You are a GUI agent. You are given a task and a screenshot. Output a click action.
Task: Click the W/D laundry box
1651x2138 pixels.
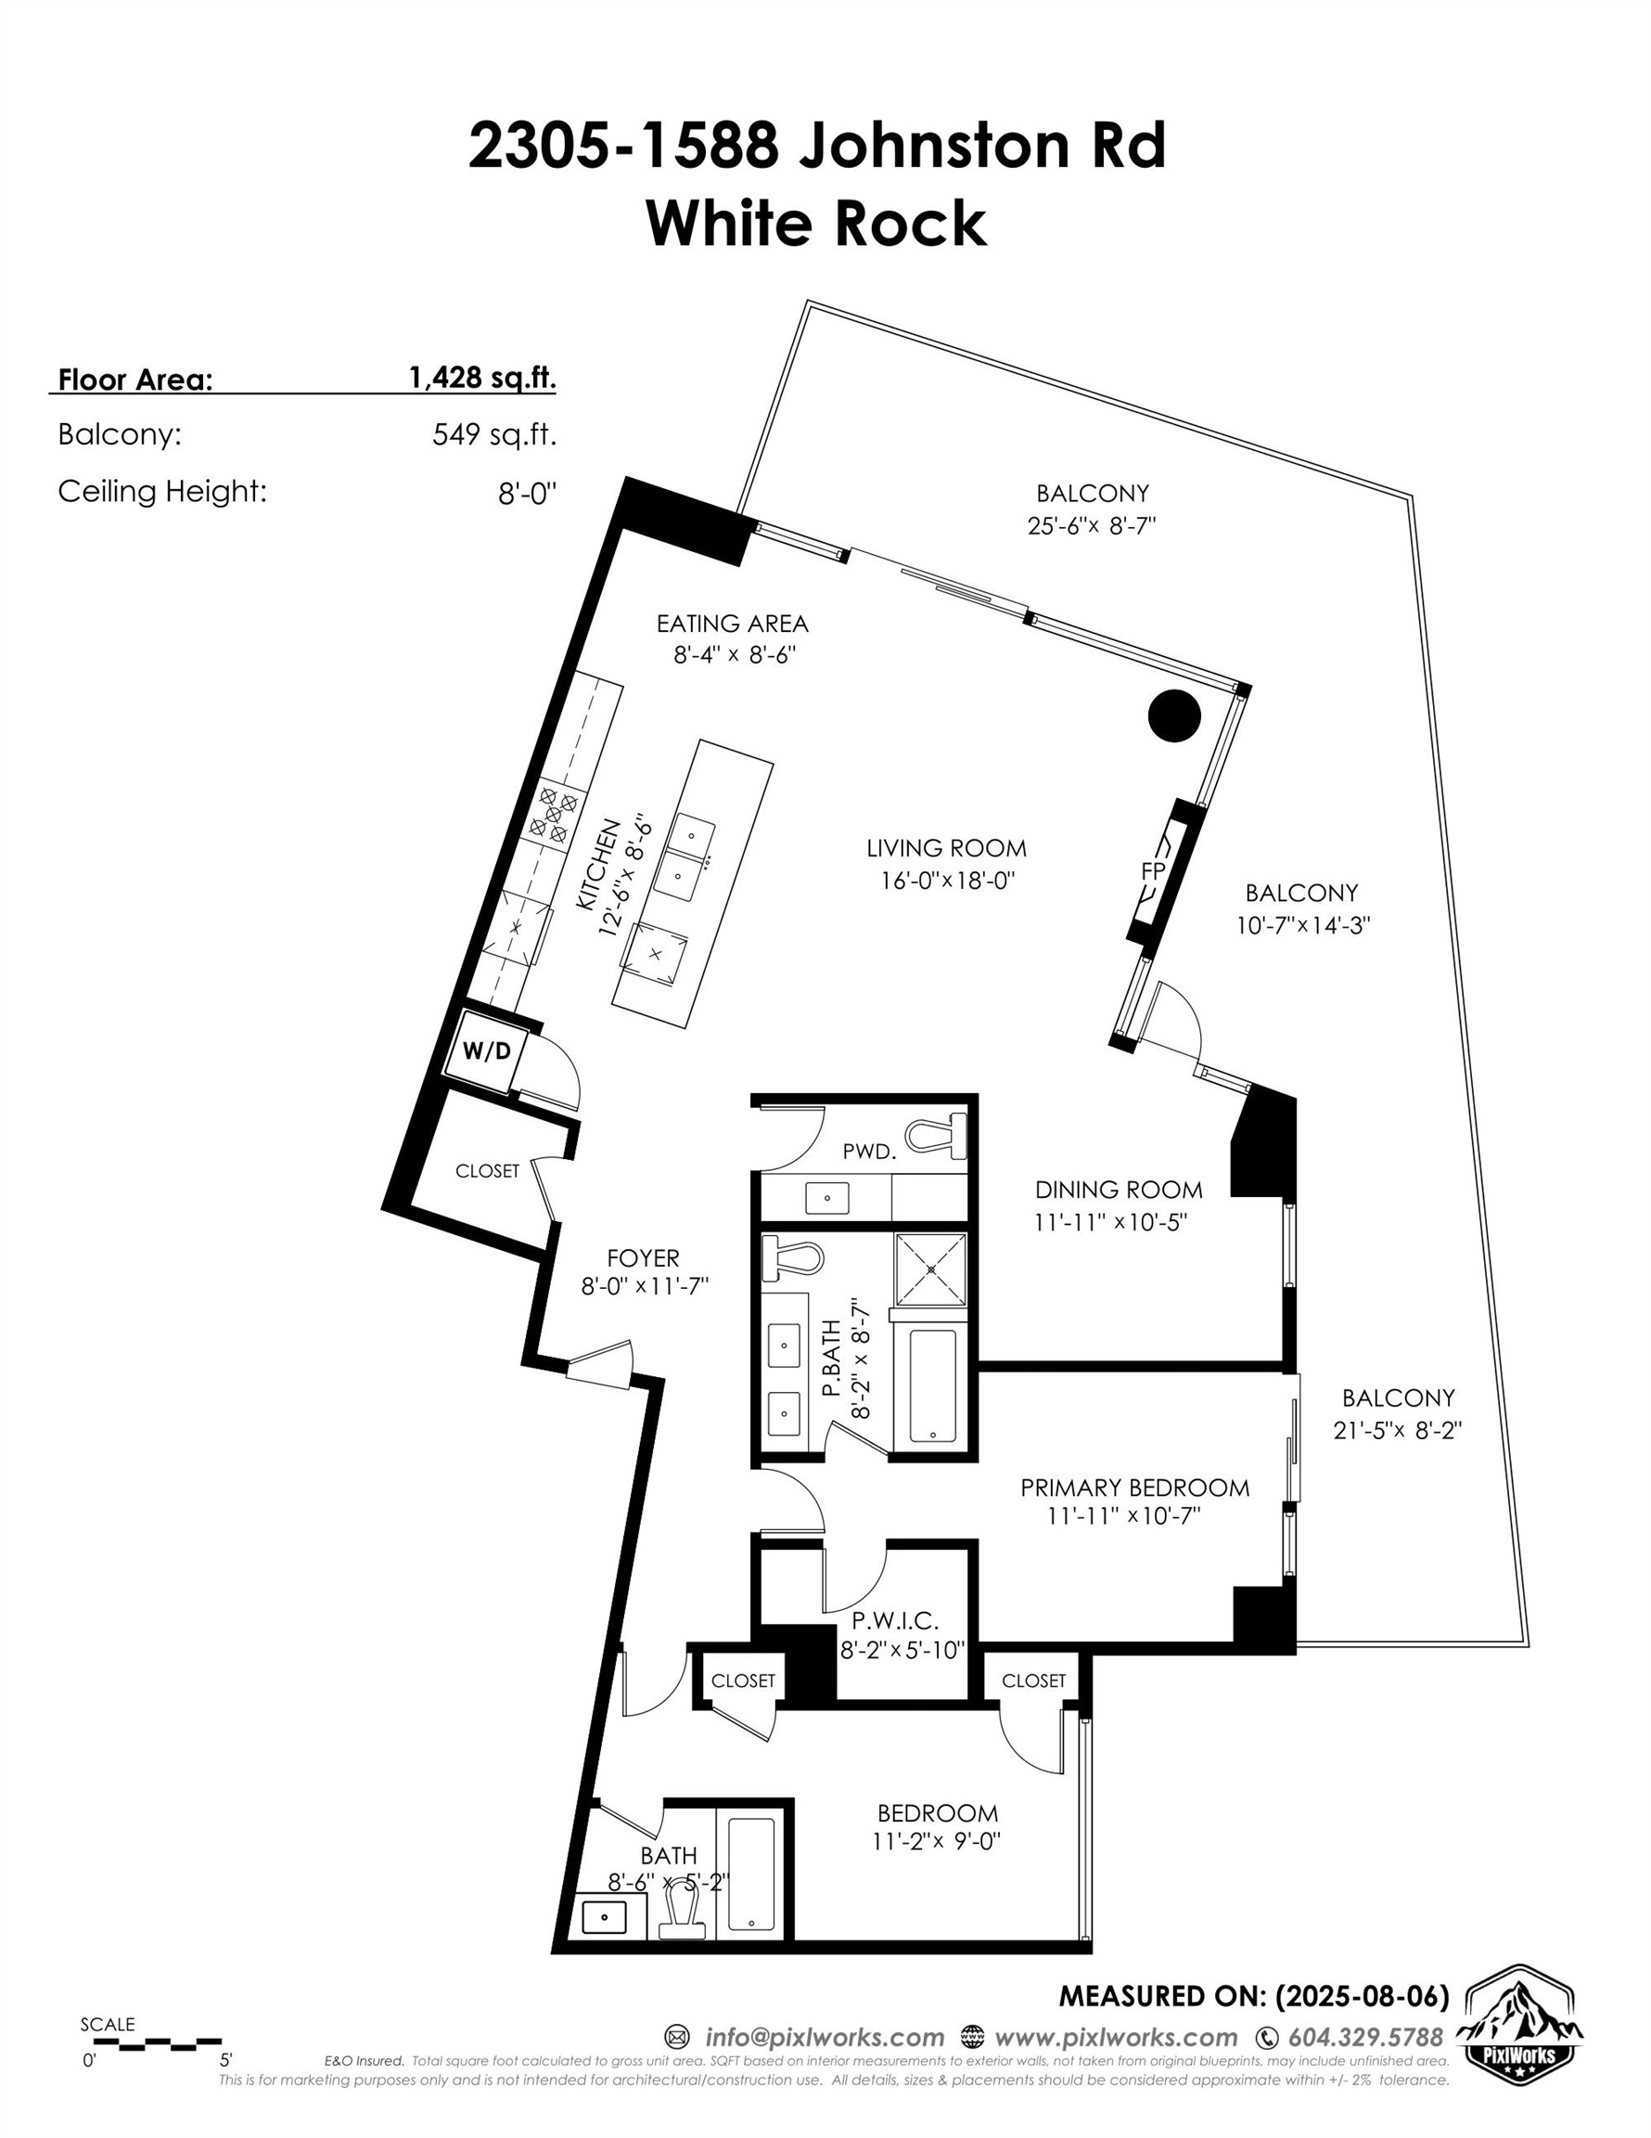click(x=485, y=1051)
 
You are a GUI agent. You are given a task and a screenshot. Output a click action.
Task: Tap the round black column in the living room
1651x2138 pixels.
click(x=1173, y=716)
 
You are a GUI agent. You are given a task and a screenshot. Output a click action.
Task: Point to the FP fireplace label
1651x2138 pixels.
click(x=1152, y=869)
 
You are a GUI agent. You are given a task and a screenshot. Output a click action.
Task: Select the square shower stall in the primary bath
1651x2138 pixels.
click(x=930, y=1269)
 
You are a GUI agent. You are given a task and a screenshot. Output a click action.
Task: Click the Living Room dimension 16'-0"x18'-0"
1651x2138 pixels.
click(x=946, y=880)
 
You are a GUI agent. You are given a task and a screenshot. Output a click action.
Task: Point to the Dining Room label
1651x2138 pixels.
click(x=1119, y=1190)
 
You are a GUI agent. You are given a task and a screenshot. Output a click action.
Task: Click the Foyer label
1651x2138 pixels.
click(x=642, y=1258)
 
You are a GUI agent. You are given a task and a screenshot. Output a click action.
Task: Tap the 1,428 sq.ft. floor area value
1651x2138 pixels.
click(x=482, y=378)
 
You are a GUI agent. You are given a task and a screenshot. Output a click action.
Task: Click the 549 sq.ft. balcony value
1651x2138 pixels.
click(x=494, y=434)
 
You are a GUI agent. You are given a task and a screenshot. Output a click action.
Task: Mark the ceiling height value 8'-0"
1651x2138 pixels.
click(x=527, y=493)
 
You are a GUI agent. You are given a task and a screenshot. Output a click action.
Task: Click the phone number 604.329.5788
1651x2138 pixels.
click(x=1365, y=2037)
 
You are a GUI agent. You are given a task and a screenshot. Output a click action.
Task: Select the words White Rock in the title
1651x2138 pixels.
click(x=816, y=224)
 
